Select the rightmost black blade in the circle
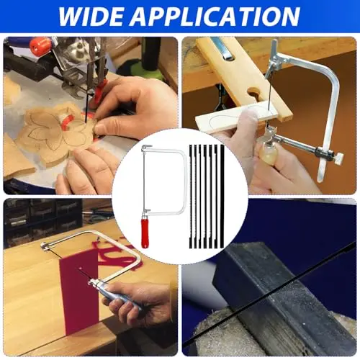[x=222, y=197]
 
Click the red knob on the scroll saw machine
[x=40, y=46]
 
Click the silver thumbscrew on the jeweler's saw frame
[x=338, y=160]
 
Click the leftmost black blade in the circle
[x=191, y=197]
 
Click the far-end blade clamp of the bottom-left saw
[x=45, y=246]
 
